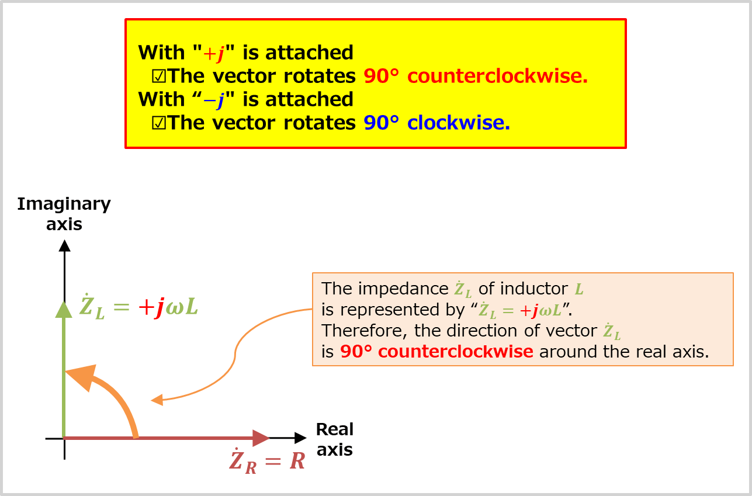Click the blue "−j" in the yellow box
[214, 100]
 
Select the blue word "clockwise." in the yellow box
[459, 123]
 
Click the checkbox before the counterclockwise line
[158, 77]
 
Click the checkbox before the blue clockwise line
[158, 123]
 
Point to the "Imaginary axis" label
[64, 213]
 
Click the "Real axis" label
[335, 439]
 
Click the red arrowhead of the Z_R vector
[261, 437]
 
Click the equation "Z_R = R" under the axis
[267, 462]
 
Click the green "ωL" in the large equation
[182, 307]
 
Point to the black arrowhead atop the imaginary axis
[64, 246]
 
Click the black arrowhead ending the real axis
[300, 438]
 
